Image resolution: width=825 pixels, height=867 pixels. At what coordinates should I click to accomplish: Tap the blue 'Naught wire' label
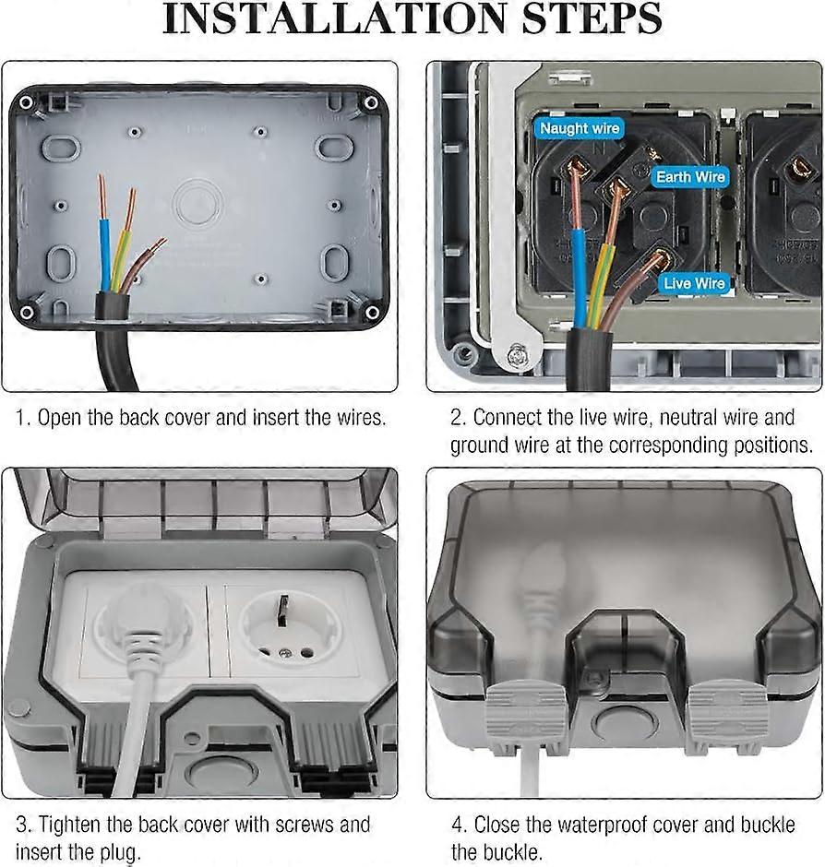point(580,128)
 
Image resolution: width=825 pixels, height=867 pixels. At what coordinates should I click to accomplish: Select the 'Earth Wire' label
point(691,176)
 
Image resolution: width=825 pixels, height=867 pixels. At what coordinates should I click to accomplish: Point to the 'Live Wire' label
point(694,283)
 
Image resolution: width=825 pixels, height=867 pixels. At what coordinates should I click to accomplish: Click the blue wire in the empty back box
point(105,249)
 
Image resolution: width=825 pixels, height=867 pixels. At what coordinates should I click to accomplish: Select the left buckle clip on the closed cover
point(525,716)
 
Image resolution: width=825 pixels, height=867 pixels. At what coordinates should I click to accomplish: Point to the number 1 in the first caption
point(21,417)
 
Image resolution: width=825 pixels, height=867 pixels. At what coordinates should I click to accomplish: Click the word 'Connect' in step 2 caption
point(510,417)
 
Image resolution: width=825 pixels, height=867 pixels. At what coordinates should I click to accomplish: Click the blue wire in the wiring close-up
point(580,277)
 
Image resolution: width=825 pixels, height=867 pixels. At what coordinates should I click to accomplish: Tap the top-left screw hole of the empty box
point(31,102)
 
